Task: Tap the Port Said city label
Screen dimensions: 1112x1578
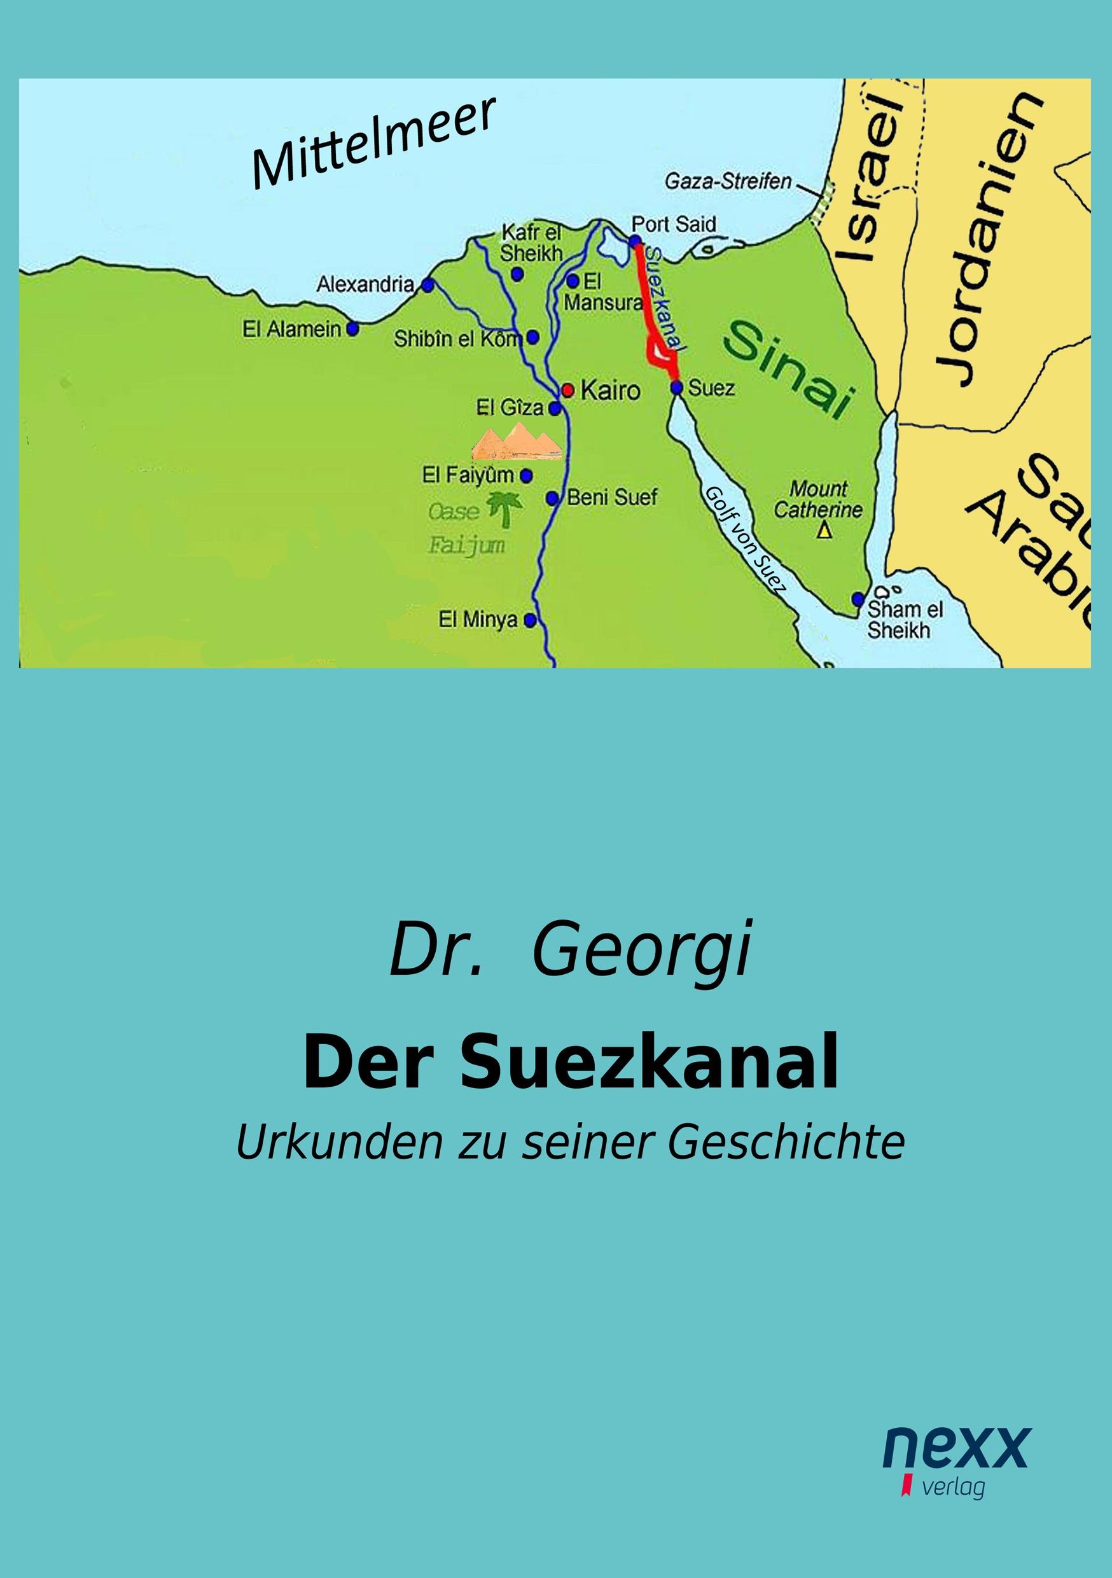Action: [674, 224]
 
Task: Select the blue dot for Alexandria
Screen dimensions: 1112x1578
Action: [427, 284]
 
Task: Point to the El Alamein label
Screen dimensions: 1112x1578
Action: [292, 330]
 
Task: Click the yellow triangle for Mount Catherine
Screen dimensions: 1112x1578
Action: [824, 531]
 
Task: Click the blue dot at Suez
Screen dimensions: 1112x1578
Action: [676, 388]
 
